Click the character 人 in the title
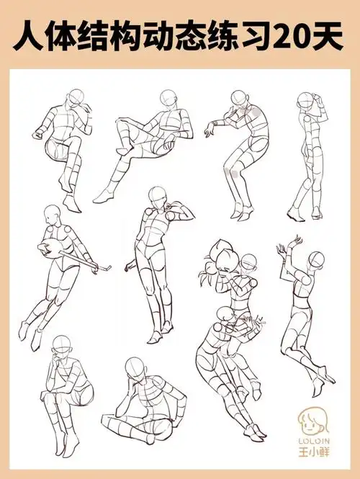click(x=28, y=35)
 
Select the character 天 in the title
click(x=327, y=35)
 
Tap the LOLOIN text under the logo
click(x=314, y=441)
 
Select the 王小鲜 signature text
click(x=314, y=451)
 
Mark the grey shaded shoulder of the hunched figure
click(x=256, y=112)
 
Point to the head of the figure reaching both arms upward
click(x=316, y=260)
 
